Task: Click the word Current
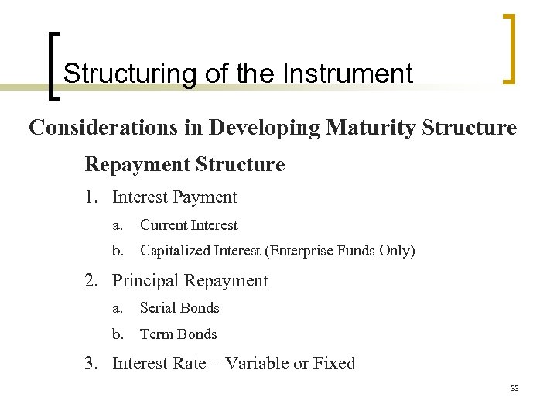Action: coord(162,225)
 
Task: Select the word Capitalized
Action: coord(175,251)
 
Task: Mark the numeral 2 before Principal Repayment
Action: coord(90,281)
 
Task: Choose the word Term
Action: coord(155,334)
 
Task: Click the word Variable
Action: coord(257,363)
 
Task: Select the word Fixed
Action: coord(334,363)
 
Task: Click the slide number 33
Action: coord(514,388)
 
